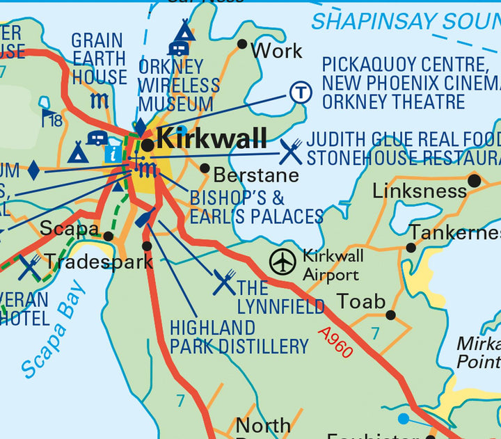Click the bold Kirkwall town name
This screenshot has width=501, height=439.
click(x=212, y=139)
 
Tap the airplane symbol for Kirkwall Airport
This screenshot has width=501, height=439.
click(x=283, y=262)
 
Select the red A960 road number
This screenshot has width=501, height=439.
click(x=335, y=342)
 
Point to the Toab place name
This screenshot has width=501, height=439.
click(x=360, y=301)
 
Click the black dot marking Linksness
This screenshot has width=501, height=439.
click(x=475, y=181)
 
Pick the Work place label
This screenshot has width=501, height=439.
click(x=276, y=51)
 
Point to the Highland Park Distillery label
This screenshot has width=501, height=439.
click(x=239, y=337)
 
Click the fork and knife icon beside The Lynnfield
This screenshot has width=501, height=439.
click(x=224, y=282)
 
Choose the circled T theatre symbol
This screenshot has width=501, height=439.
click(x=301, y=92)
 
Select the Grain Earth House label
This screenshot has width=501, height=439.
click(x=99, y=58)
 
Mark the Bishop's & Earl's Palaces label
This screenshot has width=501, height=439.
click(x=256, y=206)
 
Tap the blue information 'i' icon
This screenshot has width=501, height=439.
click(x=111, y=154)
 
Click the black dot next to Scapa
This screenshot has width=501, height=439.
click(x=109, y=237)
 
